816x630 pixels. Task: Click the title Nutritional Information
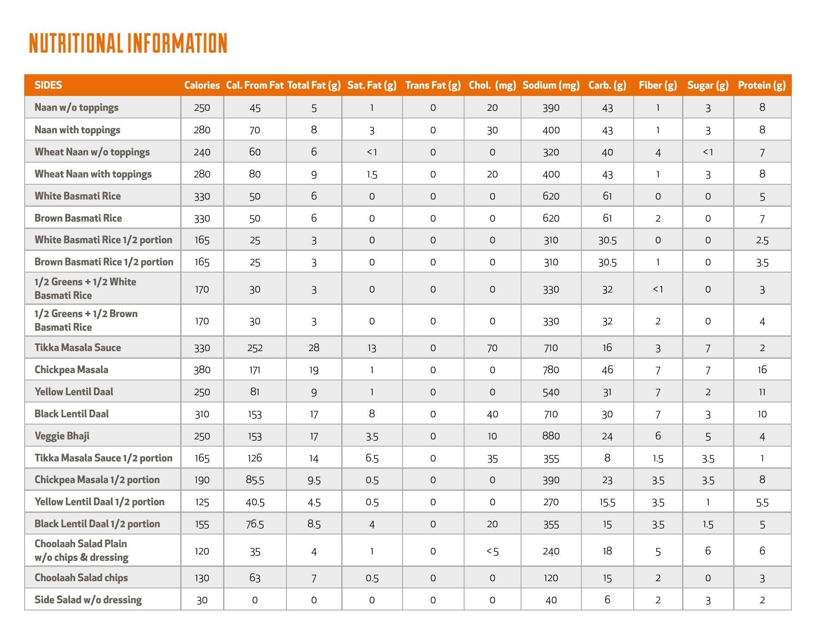[128, 43]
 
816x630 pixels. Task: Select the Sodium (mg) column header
[551, 85]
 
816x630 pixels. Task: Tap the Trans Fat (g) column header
[433, 85]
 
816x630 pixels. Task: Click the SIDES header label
[48, 85]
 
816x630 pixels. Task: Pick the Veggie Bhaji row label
[62, 436]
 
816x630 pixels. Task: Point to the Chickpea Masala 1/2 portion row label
[97, 480]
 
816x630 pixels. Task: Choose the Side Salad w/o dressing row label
[88, 600]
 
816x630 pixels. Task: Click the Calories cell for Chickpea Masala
[202, 370]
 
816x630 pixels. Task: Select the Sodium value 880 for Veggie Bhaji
[551, 436]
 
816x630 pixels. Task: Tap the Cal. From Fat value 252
[255, 348]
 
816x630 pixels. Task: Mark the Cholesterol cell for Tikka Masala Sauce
[492, 348]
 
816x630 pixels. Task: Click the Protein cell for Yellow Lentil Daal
[762, 392]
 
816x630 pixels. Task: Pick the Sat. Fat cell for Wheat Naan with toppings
[371, 174]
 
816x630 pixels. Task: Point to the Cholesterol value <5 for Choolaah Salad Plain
[492, 551]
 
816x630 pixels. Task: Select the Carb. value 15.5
[607, 502]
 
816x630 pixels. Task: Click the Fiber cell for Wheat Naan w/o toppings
[657, 152]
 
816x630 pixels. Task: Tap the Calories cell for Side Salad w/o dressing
[202, 600]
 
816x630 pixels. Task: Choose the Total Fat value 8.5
[314, 524]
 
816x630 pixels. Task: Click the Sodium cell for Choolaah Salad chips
[551, 578]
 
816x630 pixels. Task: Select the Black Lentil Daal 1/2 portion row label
[97, 524]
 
